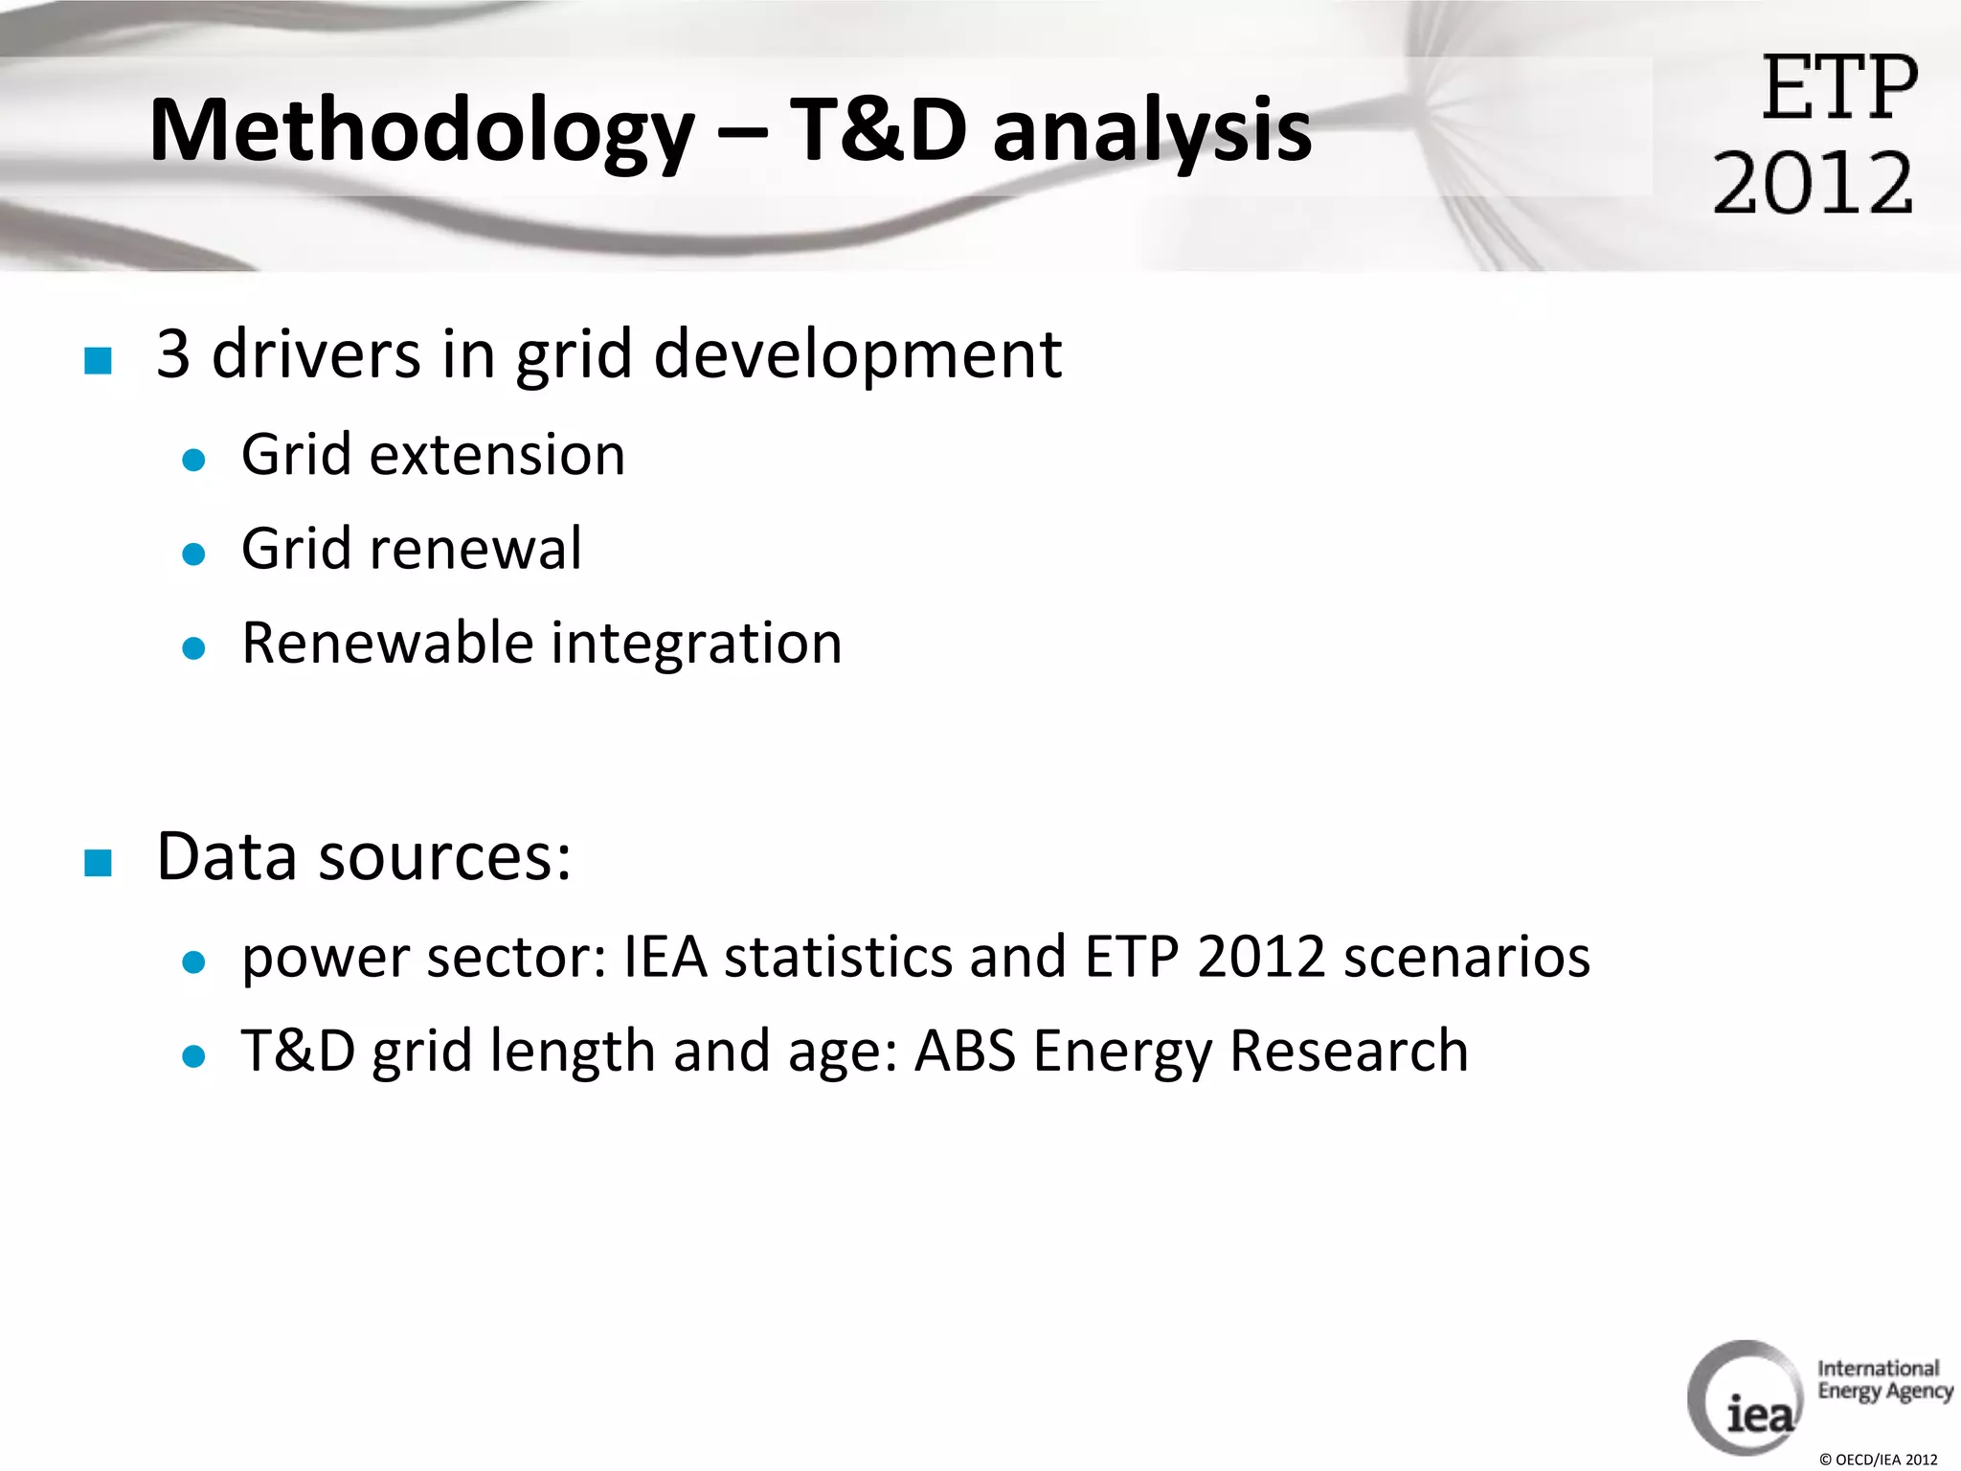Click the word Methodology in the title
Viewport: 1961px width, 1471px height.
(x=421, y=132)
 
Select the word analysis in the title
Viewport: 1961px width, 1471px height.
(x=1152, y=132)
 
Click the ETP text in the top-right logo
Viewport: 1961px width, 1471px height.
(x=1839, y=88)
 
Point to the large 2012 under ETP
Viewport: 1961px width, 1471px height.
(x=1813, y=183)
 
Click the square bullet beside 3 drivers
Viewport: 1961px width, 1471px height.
(x=98, y=360)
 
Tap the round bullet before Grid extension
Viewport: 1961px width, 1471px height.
(x=193, y=460)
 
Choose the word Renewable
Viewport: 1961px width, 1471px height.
(x=387, y=643)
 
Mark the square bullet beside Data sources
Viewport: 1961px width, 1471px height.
(x=98, y=862)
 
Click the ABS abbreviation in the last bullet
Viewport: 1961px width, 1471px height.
(x=964, y=1051)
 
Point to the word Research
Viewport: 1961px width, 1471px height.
(x=1348, y=1051)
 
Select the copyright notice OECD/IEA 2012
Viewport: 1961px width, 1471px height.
(x=1878, y=1460)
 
